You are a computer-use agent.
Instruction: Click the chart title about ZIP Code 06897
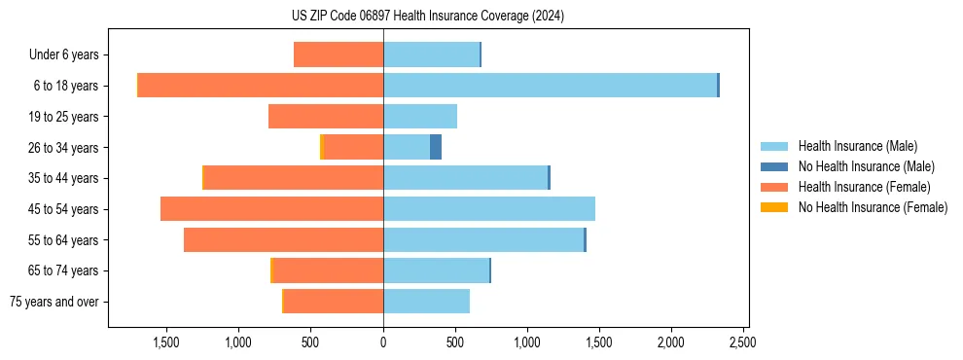pyautogui.click(x=427, y=17)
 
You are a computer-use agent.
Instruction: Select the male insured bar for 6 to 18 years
pyautogui.click(x=550, y=86)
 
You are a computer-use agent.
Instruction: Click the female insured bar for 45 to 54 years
pyautogui.click(x=271, y=209)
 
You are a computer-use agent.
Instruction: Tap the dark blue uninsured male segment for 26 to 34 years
pyautogui.click(x=436, y=147)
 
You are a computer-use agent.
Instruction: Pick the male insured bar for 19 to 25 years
pyautogui.click(x=420, y=117)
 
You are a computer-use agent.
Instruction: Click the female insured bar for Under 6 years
pyautogui.click(x=339, y=55)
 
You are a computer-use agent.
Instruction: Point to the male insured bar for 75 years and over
pyautogui.click(x=426, y=302)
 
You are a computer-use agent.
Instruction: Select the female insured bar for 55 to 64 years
pyautogui.click(x=283, y=240)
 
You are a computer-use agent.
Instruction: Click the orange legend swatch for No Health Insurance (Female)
pyautogui.click(x=774, y=207)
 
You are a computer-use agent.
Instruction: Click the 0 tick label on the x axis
pyautogui.click(x=383, y=342)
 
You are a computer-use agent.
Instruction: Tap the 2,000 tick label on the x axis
pyautogui.click(x=670, y=342)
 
